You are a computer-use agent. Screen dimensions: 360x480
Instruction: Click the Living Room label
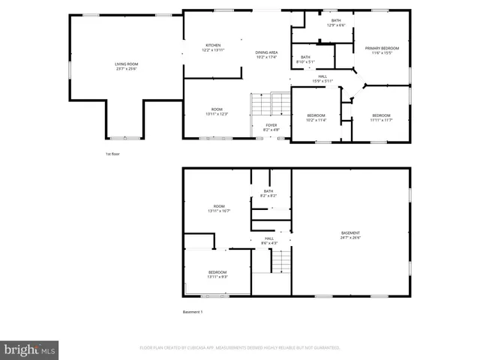tap(126, 67)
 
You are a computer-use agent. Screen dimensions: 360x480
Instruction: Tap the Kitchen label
tap(213, 48)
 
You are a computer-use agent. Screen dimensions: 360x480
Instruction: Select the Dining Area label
tap(266, 55)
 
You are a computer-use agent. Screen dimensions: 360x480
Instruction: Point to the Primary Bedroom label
tap(382, 50)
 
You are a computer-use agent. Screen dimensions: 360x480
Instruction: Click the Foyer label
tap(271, 127)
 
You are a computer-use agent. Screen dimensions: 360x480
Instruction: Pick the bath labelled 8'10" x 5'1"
tap(305, 59)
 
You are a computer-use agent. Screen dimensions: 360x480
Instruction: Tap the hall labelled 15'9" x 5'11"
tap(322, 78)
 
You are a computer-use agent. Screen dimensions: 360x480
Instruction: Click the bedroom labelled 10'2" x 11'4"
tap(316, 117)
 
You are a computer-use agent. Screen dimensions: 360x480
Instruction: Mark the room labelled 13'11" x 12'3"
tap(217, 112)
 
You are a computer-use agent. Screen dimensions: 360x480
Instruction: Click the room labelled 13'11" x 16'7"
tap(219, 208)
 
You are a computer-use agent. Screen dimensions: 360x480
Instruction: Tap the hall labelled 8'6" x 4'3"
tap(269, 241)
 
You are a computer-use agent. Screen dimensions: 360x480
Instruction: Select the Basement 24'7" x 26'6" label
tap(351, 235)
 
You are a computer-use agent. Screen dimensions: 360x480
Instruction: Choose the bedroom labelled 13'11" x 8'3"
tap(217, 274)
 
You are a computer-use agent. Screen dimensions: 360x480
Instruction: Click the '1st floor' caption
tap(112, 154)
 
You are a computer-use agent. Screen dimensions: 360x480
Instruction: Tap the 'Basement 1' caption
tap(193, 312)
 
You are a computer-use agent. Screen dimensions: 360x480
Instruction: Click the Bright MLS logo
tap(30, 349)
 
